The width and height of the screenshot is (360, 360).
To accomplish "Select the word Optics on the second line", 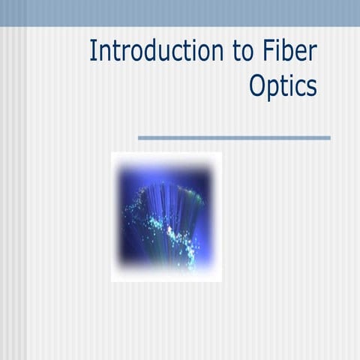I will [283, 87].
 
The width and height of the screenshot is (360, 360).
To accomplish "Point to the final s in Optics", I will [311, 88].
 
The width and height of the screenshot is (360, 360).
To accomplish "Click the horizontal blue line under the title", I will [234, 138].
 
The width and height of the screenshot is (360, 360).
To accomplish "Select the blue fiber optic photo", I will [166, 217].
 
